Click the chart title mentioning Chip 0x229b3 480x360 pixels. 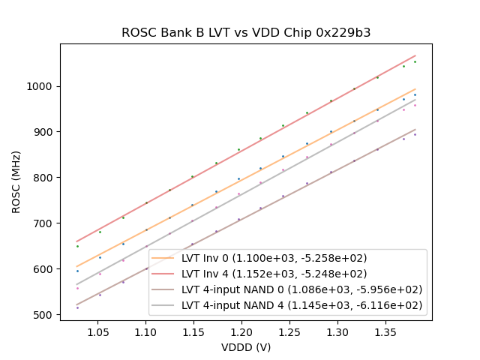click(246, 33)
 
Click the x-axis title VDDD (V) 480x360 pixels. click(246, 347)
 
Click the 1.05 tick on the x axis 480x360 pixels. click(99, 331)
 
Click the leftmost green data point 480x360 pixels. click(77, 246)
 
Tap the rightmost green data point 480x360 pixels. click(415, 61)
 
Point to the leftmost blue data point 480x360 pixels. click(77, 271)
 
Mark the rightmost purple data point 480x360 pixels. click(415, 134)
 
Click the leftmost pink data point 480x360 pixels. click(77, 288)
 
